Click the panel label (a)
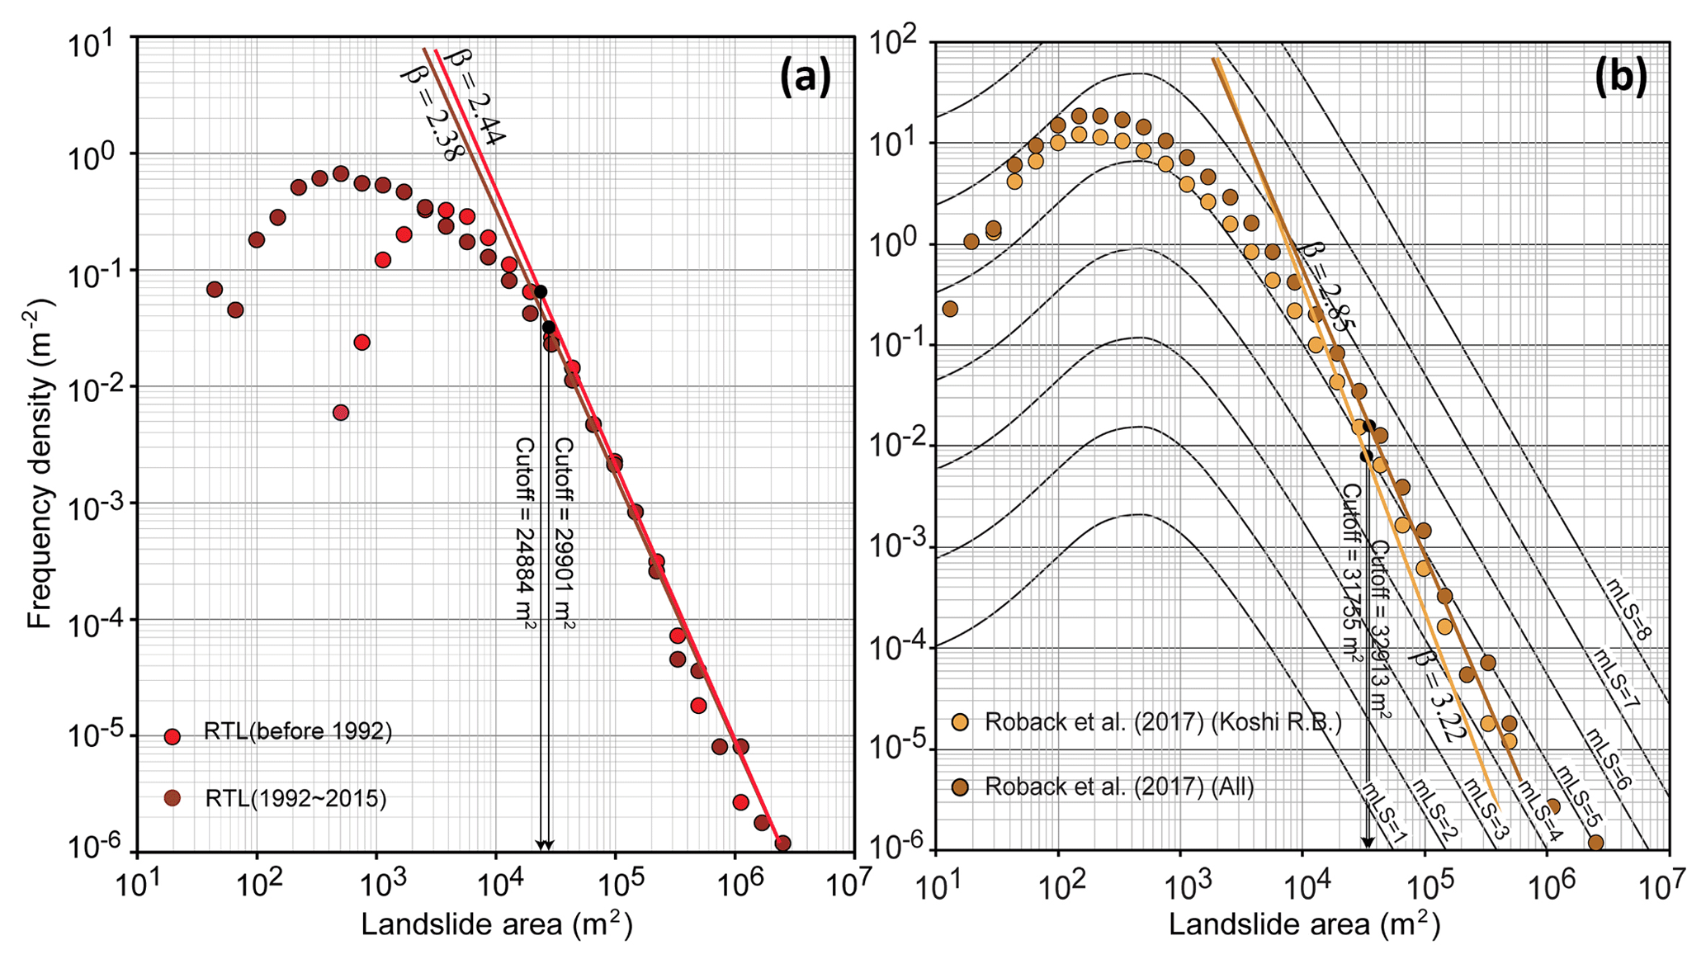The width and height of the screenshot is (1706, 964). (805, 78)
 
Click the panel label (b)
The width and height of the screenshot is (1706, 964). (1620, 78)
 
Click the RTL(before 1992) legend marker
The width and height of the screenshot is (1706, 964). (172, 736)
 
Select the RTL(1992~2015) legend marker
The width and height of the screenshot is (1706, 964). (172, 798)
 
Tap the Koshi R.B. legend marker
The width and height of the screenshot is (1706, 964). (961, 722)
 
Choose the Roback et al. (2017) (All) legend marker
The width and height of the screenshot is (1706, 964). (961, 786)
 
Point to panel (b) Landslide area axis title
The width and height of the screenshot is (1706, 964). (1304, 925)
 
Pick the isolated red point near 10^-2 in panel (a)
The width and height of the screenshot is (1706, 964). (341, 413)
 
